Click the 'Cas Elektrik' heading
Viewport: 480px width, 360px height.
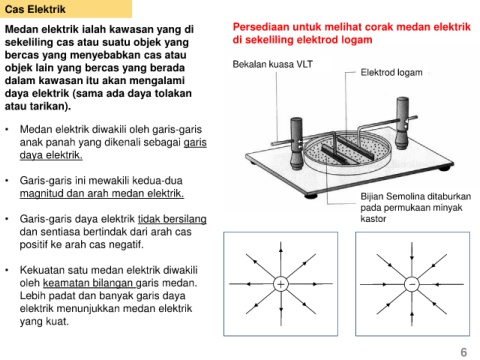35,9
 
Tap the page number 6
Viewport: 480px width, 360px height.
463,352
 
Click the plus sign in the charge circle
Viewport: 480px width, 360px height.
281,284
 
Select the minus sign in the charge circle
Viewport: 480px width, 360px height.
412,284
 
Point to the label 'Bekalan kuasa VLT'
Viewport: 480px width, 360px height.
273,64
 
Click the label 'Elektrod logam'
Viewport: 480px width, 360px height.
391,72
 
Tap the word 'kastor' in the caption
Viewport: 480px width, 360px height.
373,219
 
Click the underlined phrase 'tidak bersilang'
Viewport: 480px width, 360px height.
172,219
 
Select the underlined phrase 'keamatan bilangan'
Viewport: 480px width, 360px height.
89,283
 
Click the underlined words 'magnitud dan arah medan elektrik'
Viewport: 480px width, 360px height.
102,193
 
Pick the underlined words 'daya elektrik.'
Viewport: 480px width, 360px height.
51,155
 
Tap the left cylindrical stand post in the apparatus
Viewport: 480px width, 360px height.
296,143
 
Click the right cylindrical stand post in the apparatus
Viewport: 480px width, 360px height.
402,123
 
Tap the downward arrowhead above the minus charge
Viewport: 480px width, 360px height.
412,257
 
